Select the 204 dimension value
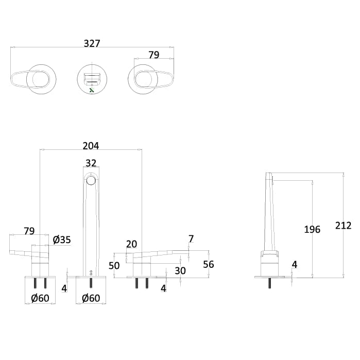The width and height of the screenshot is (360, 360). pyautogui.click(x=91, y=146)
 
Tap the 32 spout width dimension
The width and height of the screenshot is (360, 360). pyautogui.click(x=91, y=163)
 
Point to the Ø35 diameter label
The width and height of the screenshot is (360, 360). pyautogui.click(x=62, y=239)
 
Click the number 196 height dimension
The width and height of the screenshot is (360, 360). pyautogui.click(x=312, y=229)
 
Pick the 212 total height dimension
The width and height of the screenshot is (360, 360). pyautogui.click(x=343, y=225)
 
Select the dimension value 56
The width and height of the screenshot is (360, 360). pyautogui.click(x=209, y=264)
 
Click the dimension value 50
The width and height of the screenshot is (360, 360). pyautogui.click(x=114, y=265)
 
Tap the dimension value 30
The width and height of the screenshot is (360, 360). pyautogui.click(x=179, y=270)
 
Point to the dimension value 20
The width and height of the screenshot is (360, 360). pyautogui.click(x=132, y=244)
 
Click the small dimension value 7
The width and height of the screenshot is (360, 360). pyautogui.click(x=191, y=239)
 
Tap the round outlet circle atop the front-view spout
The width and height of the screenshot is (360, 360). pyautogui.click(x=91, y=180)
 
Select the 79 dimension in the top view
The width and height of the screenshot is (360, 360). pyautogui.click(x=153, y=55)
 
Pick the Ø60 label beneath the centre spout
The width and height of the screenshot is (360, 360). pyautogui.click(x=91, y=298)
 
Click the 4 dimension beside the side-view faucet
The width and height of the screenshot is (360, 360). pyautogui.click(x=294, y=265)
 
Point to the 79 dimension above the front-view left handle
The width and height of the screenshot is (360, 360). pyautogui.click(x=29, y=231)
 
